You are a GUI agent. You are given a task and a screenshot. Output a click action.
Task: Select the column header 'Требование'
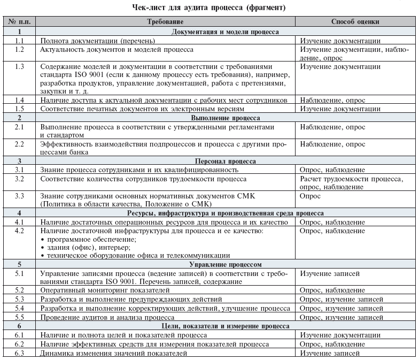166,22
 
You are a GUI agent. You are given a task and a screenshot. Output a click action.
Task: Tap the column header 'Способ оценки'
355,22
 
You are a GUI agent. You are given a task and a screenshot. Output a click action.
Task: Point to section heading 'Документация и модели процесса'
225,32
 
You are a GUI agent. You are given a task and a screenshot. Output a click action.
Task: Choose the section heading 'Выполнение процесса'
225,117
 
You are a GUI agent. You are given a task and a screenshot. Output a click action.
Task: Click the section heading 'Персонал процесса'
225,161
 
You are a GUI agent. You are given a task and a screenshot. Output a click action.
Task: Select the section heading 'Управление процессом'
225,264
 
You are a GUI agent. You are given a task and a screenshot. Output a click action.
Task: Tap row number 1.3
20,67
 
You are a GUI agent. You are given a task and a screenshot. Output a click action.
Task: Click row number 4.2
20,231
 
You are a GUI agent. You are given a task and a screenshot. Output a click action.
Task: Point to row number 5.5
20,317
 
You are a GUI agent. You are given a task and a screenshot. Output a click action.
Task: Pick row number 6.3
20,353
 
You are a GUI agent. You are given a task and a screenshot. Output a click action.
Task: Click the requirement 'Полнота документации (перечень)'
98,41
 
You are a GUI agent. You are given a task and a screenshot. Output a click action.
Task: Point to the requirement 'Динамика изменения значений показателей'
114,353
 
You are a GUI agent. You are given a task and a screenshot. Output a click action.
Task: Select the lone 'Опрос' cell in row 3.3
311,196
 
